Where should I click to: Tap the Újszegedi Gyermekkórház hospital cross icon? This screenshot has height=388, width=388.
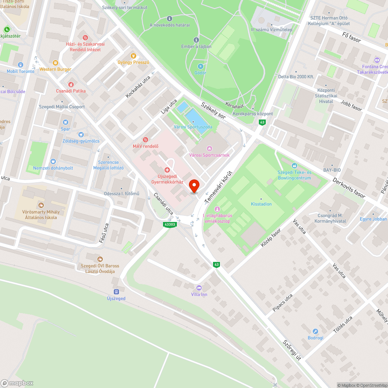(168, 170)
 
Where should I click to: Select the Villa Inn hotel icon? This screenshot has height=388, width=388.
(199, 288)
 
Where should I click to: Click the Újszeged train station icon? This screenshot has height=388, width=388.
(116, 292)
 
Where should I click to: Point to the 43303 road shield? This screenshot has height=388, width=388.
(170, 225)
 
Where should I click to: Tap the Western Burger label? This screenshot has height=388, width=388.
(55, 69)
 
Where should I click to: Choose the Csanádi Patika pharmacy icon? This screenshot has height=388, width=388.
(71, 84)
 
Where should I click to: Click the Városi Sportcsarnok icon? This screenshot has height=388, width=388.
(210, 148)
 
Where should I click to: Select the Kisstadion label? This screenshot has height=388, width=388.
(261, 204)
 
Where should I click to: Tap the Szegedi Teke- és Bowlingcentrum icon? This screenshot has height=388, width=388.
(294, 166)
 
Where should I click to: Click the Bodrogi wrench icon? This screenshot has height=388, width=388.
(315, 331)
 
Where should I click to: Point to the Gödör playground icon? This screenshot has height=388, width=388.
(200, 66)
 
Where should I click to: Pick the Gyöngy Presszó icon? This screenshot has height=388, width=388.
(133, 55)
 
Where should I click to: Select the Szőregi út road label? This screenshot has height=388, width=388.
(292, 351)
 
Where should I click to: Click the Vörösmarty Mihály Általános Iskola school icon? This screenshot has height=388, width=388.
(41, 205)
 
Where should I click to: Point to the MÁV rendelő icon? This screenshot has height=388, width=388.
(146, 139)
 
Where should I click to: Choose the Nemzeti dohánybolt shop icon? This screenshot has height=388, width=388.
(53, 161)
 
